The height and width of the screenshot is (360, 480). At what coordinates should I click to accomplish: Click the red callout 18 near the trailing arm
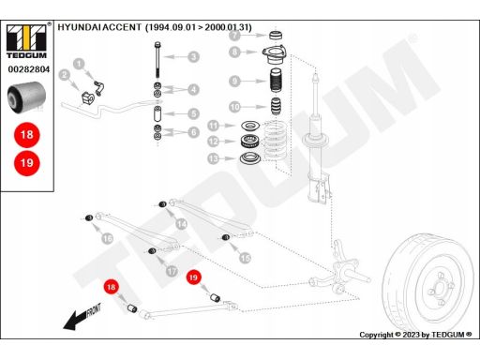coord(111,287)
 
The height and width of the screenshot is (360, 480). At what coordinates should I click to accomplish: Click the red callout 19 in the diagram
coord(193,277)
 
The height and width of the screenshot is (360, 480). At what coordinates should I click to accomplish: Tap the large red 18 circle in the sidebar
coord(27,135)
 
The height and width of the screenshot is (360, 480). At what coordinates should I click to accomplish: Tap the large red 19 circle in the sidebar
coord(27,163)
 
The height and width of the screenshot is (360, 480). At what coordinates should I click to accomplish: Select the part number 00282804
coord(29,69)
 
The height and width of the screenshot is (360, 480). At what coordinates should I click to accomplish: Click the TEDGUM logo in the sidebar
coord(27,41)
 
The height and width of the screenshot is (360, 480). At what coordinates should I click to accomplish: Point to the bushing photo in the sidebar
coord(26,97)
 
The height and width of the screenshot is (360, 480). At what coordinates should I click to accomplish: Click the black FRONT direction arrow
coord(82,317)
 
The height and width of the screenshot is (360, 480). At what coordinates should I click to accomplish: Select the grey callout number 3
coord(194,57)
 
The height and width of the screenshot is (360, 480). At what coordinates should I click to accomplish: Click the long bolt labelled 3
coord(157,59)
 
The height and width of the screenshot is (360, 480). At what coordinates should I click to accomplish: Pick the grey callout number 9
coord(234,82)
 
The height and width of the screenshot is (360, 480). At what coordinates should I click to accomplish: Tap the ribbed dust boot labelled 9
coord(276,80)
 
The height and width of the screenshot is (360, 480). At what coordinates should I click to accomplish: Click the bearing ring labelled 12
coord(249,142)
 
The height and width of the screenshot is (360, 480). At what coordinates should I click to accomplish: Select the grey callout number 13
coord(213,158)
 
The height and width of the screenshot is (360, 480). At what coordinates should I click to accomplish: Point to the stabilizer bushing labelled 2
coord(87,97)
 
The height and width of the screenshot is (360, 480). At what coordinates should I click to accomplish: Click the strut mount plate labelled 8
coord(275,55)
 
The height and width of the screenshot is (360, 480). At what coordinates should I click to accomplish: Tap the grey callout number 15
coord(245,258)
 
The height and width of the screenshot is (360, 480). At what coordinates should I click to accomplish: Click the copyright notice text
coord(415,335)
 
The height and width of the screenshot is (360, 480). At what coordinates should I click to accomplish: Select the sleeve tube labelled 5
coord(157,113)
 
